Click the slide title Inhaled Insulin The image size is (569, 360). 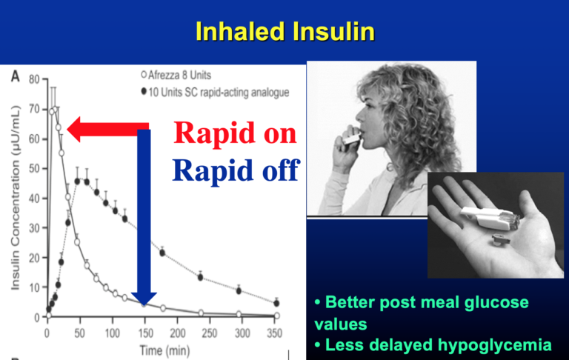(284, 31)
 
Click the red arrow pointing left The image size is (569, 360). (108, 130)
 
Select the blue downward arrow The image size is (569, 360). (144, 217)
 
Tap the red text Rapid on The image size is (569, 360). (235, 133)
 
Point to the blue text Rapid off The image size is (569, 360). (236, 170)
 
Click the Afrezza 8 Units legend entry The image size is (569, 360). (176, 75)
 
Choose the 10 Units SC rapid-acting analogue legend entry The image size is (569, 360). (215, 92)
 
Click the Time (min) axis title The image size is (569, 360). (164, 350)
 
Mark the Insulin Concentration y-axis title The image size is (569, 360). (15, 198)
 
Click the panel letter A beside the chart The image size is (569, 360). (16, 76)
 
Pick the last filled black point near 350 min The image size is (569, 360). (276, 303)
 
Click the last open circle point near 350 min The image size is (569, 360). (277, 316)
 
